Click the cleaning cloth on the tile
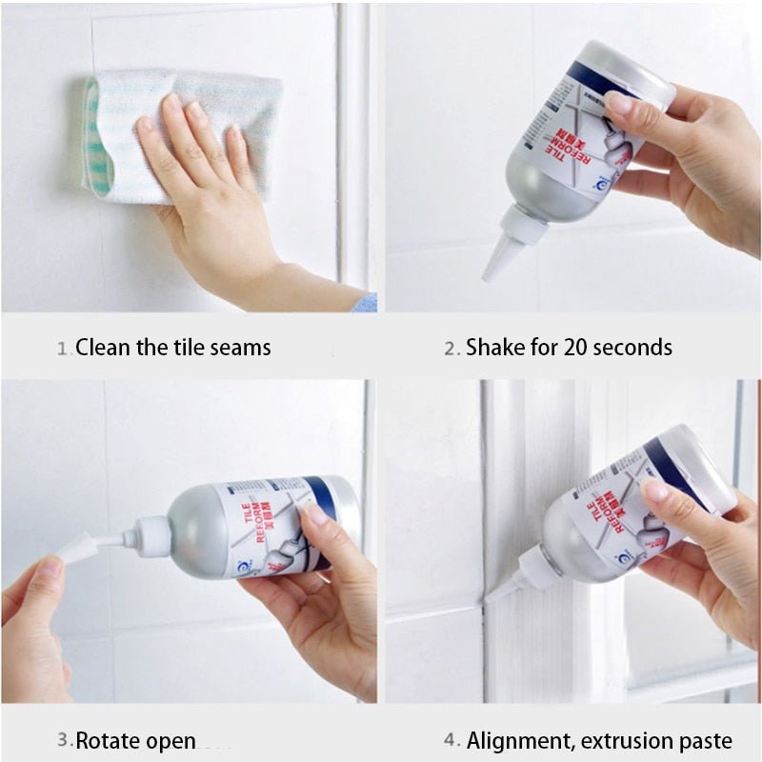click(181, 133)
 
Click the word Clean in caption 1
click(102, 348)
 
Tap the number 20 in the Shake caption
click(573, 348)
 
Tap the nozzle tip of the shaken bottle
click(490, 274)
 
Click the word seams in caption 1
click(240, 348)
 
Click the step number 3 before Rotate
click(63, 740)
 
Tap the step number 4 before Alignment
click(452, 740)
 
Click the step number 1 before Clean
click(63, 349)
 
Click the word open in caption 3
click(172, 740)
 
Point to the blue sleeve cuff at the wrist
click(364, 303)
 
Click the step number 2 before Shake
click(451, 349)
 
